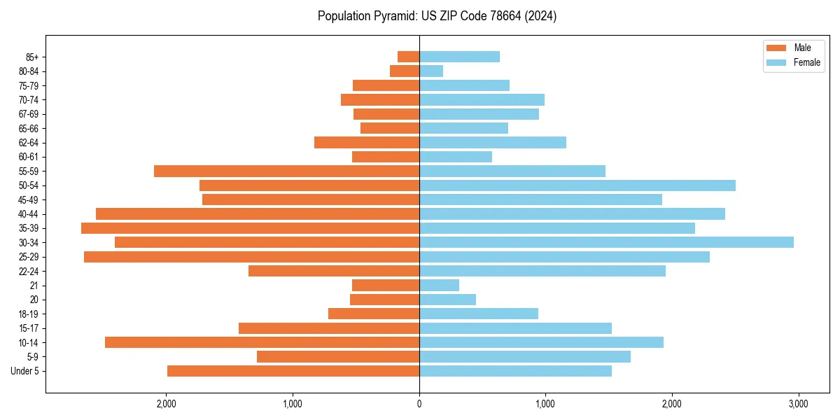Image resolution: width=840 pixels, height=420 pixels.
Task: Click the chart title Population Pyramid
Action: point(437,16)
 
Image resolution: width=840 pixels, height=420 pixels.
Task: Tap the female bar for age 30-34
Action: point(606,242)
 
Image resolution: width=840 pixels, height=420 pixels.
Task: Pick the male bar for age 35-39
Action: point(250,228)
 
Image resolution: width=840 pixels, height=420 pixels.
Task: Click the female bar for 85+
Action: point(459,57)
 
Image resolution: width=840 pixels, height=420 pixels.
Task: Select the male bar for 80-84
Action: point(405,71)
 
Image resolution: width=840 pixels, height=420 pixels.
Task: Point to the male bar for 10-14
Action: point(262,342)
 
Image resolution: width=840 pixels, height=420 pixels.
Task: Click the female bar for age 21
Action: point(439,285)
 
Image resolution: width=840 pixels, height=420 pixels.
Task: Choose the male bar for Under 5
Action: point(293,371)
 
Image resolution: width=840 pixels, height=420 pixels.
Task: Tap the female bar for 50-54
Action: point(577,185)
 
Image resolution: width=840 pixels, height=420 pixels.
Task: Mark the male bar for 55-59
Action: point(286,171)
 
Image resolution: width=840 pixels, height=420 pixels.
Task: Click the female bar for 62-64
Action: point(492,142)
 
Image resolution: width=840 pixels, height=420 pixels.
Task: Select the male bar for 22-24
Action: point(334,271)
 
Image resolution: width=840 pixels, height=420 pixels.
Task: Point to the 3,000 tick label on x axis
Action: point(798,404)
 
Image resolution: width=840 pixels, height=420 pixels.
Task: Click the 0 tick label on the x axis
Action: point(419,404)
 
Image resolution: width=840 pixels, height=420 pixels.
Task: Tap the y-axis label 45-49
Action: point(29,199)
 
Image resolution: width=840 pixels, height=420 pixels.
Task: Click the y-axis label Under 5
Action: point(25,371)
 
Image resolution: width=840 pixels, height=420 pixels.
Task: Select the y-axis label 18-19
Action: point(29,314)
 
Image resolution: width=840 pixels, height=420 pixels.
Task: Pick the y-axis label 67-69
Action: point(29,114)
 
